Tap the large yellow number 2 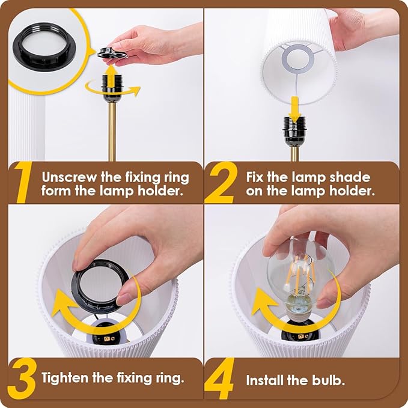click(x=221, y=183)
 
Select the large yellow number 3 click(x=22, y=379)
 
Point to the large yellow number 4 click(x=219, y=378)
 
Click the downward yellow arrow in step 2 click(x=294, y=109)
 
